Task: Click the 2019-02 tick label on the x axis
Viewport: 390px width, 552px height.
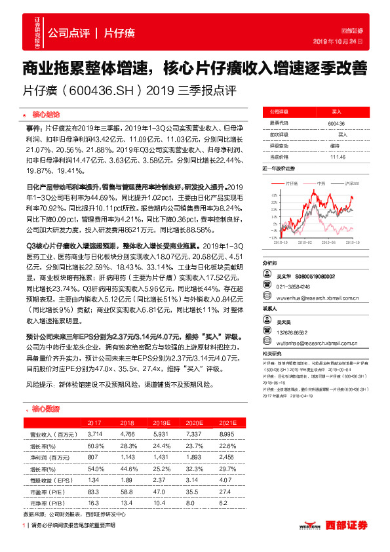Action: click(x=303, y=242)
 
